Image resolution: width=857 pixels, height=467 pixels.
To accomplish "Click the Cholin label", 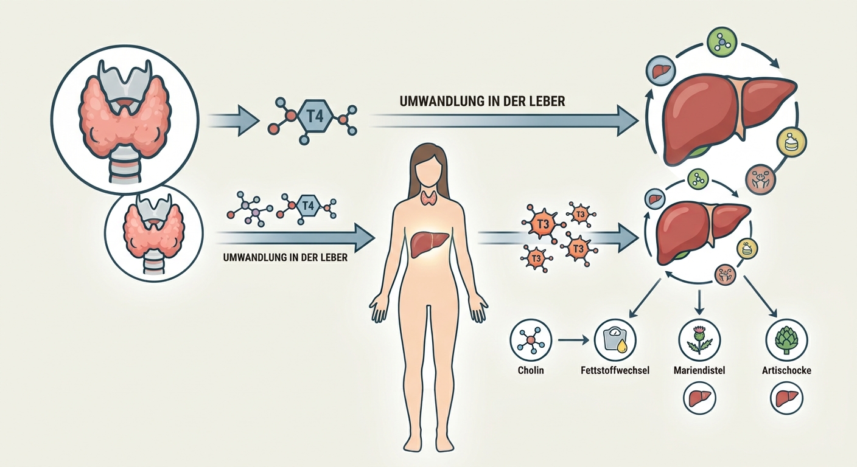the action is tap(531, 370).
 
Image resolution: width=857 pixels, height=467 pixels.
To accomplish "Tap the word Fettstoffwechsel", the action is tap(615, 370).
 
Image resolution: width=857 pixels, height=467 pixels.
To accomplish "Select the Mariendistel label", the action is tap(699, 370).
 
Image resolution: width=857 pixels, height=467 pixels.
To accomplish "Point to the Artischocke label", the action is tap(786, 370).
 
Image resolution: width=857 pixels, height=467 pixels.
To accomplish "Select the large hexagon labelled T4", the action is tap(315, 116).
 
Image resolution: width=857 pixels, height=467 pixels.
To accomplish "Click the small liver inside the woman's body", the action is tap(429, 244).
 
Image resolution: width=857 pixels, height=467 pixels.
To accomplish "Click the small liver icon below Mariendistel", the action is tap(699, 399).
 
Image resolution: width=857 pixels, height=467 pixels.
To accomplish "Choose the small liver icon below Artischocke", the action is tap(786, 399).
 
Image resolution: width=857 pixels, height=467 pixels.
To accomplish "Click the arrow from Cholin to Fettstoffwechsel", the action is tap(573, 339).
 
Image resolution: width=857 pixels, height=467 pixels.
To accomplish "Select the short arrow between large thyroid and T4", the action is tap(233, 120).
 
